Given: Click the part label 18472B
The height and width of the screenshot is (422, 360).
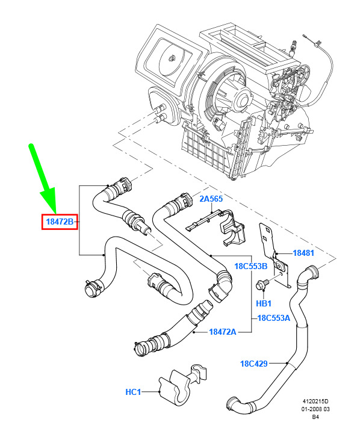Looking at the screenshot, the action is [x=60, y=222].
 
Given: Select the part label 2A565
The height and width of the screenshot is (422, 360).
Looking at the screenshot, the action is [x=211, y=199].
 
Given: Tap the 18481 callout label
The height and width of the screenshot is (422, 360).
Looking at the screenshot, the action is [x=303, y=253].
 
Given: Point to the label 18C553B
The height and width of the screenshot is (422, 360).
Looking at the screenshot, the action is [x=251, y=266].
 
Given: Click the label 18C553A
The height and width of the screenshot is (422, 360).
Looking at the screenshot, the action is [x=274, y=318].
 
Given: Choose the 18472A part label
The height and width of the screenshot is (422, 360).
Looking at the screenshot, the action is [x=223, y=332].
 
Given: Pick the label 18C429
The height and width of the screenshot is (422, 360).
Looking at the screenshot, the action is [x=253, y=364].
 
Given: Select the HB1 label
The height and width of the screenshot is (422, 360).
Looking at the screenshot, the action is [x=264, y=303].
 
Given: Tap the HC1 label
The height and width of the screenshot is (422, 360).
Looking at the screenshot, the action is [x=133, y=392].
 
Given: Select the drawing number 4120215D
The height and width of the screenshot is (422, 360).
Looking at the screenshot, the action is [x=315, y=402].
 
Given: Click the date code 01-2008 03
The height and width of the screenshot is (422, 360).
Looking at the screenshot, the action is [x=315, y=409].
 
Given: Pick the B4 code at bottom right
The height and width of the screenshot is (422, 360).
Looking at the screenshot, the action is [x=315, y=417].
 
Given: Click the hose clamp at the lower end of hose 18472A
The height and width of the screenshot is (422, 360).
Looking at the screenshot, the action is [x=141, y=349].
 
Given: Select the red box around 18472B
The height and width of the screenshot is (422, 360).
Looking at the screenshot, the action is [x=60, y=222].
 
